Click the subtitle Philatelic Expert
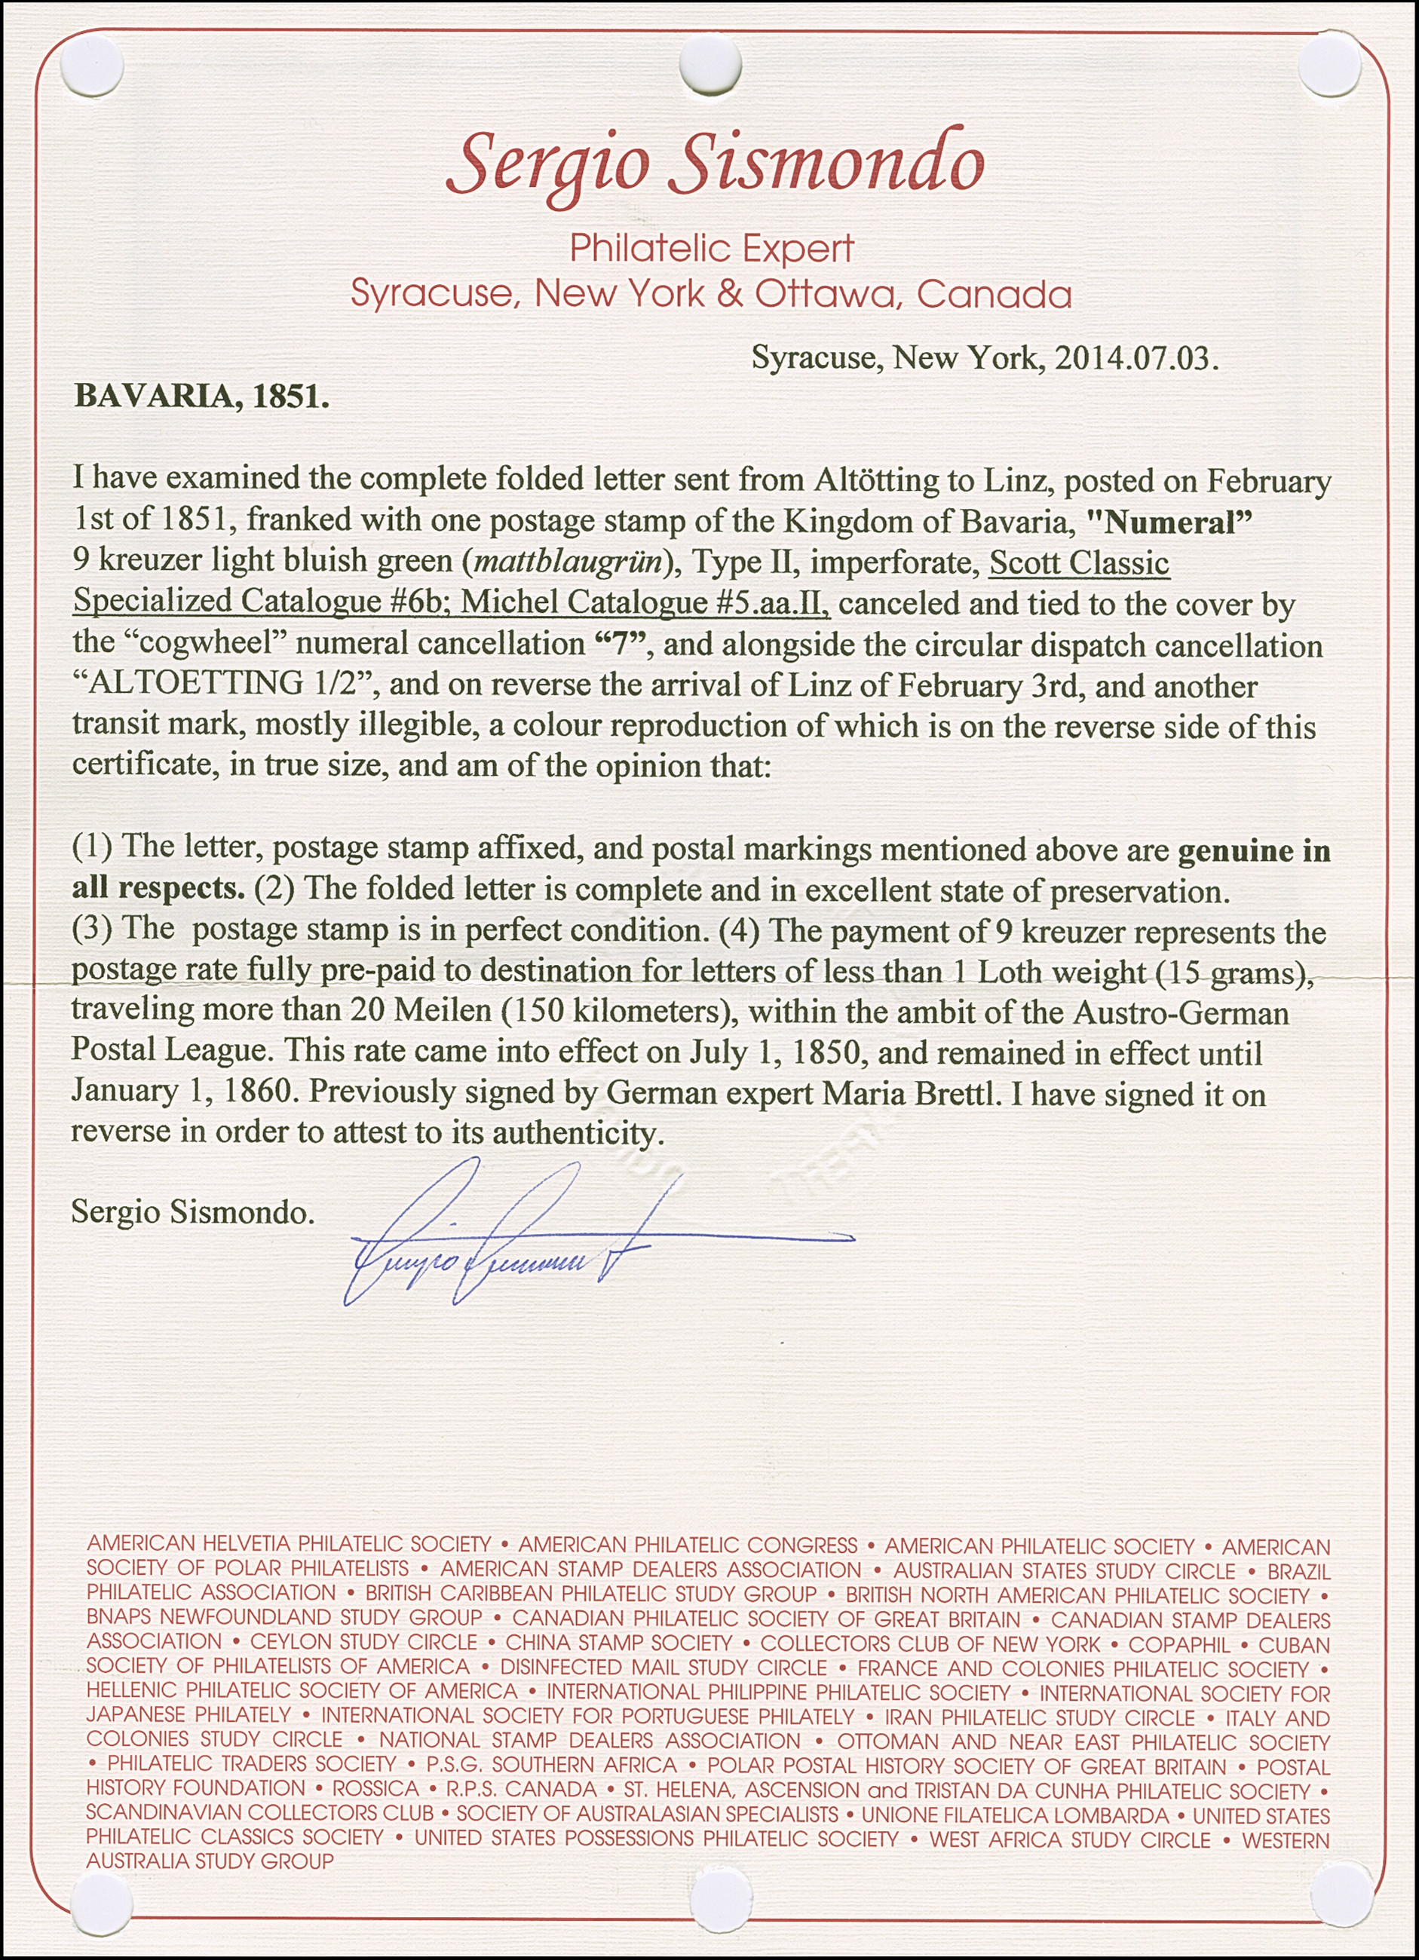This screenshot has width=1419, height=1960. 711,250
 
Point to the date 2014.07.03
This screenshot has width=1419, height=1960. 1135,358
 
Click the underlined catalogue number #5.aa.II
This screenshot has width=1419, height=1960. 774,602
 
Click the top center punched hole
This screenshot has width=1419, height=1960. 710,67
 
